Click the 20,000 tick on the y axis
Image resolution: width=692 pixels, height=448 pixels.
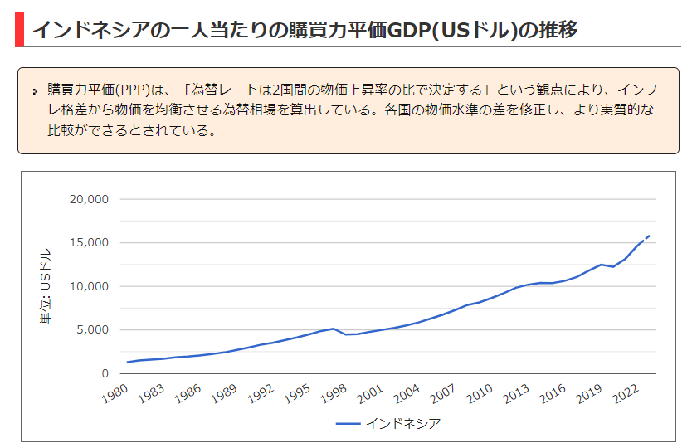pos(89,199)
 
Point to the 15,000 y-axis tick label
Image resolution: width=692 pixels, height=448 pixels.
pos(89,243)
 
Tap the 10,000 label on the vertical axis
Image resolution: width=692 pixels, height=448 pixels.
pos(89,286)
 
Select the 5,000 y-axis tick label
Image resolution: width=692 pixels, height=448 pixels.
pos(92,329)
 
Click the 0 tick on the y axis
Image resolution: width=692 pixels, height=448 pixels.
pos(104,373)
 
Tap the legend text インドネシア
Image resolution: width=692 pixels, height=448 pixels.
pos(403,424)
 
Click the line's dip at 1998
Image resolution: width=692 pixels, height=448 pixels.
pos(345,334)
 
